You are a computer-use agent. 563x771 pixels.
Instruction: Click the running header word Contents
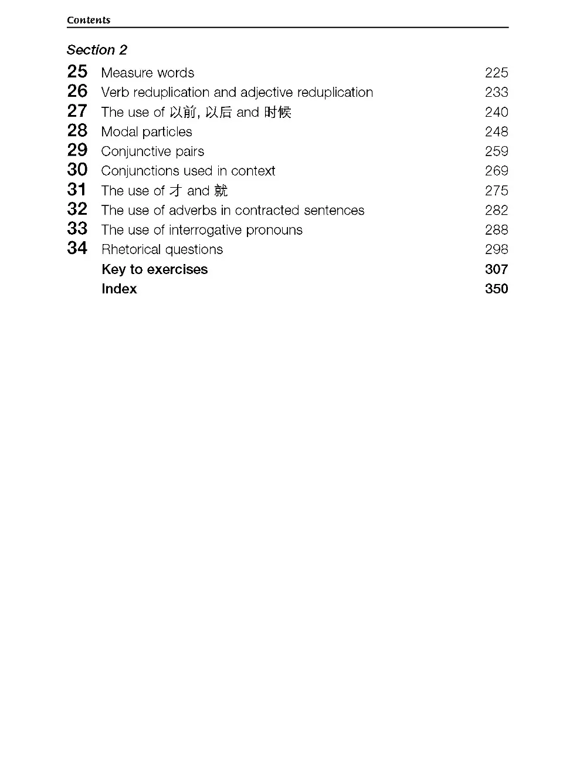coord(89,20)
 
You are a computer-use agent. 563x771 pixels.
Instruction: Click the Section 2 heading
coord(97,50)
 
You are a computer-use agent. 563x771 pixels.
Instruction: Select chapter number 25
coord(77,72)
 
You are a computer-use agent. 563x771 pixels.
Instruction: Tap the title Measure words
coord(147,73)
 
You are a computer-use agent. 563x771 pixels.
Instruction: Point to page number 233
coord(496,92)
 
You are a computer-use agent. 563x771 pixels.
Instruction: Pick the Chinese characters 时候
coord(277,112)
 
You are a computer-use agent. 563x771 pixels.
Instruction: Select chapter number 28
coord(77,131)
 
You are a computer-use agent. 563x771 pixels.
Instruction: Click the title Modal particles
coord(147,132)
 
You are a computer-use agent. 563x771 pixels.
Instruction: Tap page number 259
coord(496,151)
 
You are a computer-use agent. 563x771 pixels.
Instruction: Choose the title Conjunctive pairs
coord(152,151)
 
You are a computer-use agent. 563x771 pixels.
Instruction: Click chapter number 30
coord(77,170)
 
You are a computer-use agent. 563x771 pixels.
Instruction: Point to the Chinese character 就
coord(221,191)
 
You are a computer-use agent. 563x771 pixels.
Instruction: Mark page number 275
coord(496,191)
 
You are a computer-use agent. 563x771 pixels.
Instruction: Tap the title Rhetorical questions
coord(162,249)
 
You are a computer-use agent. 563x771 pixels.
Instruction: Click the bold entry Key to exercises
coord(154,269)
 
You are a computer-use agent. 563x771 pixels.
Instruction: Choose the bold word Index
coord(119,289)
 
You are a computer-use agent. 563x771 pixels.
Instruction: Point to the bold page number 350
coord(496,289)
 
